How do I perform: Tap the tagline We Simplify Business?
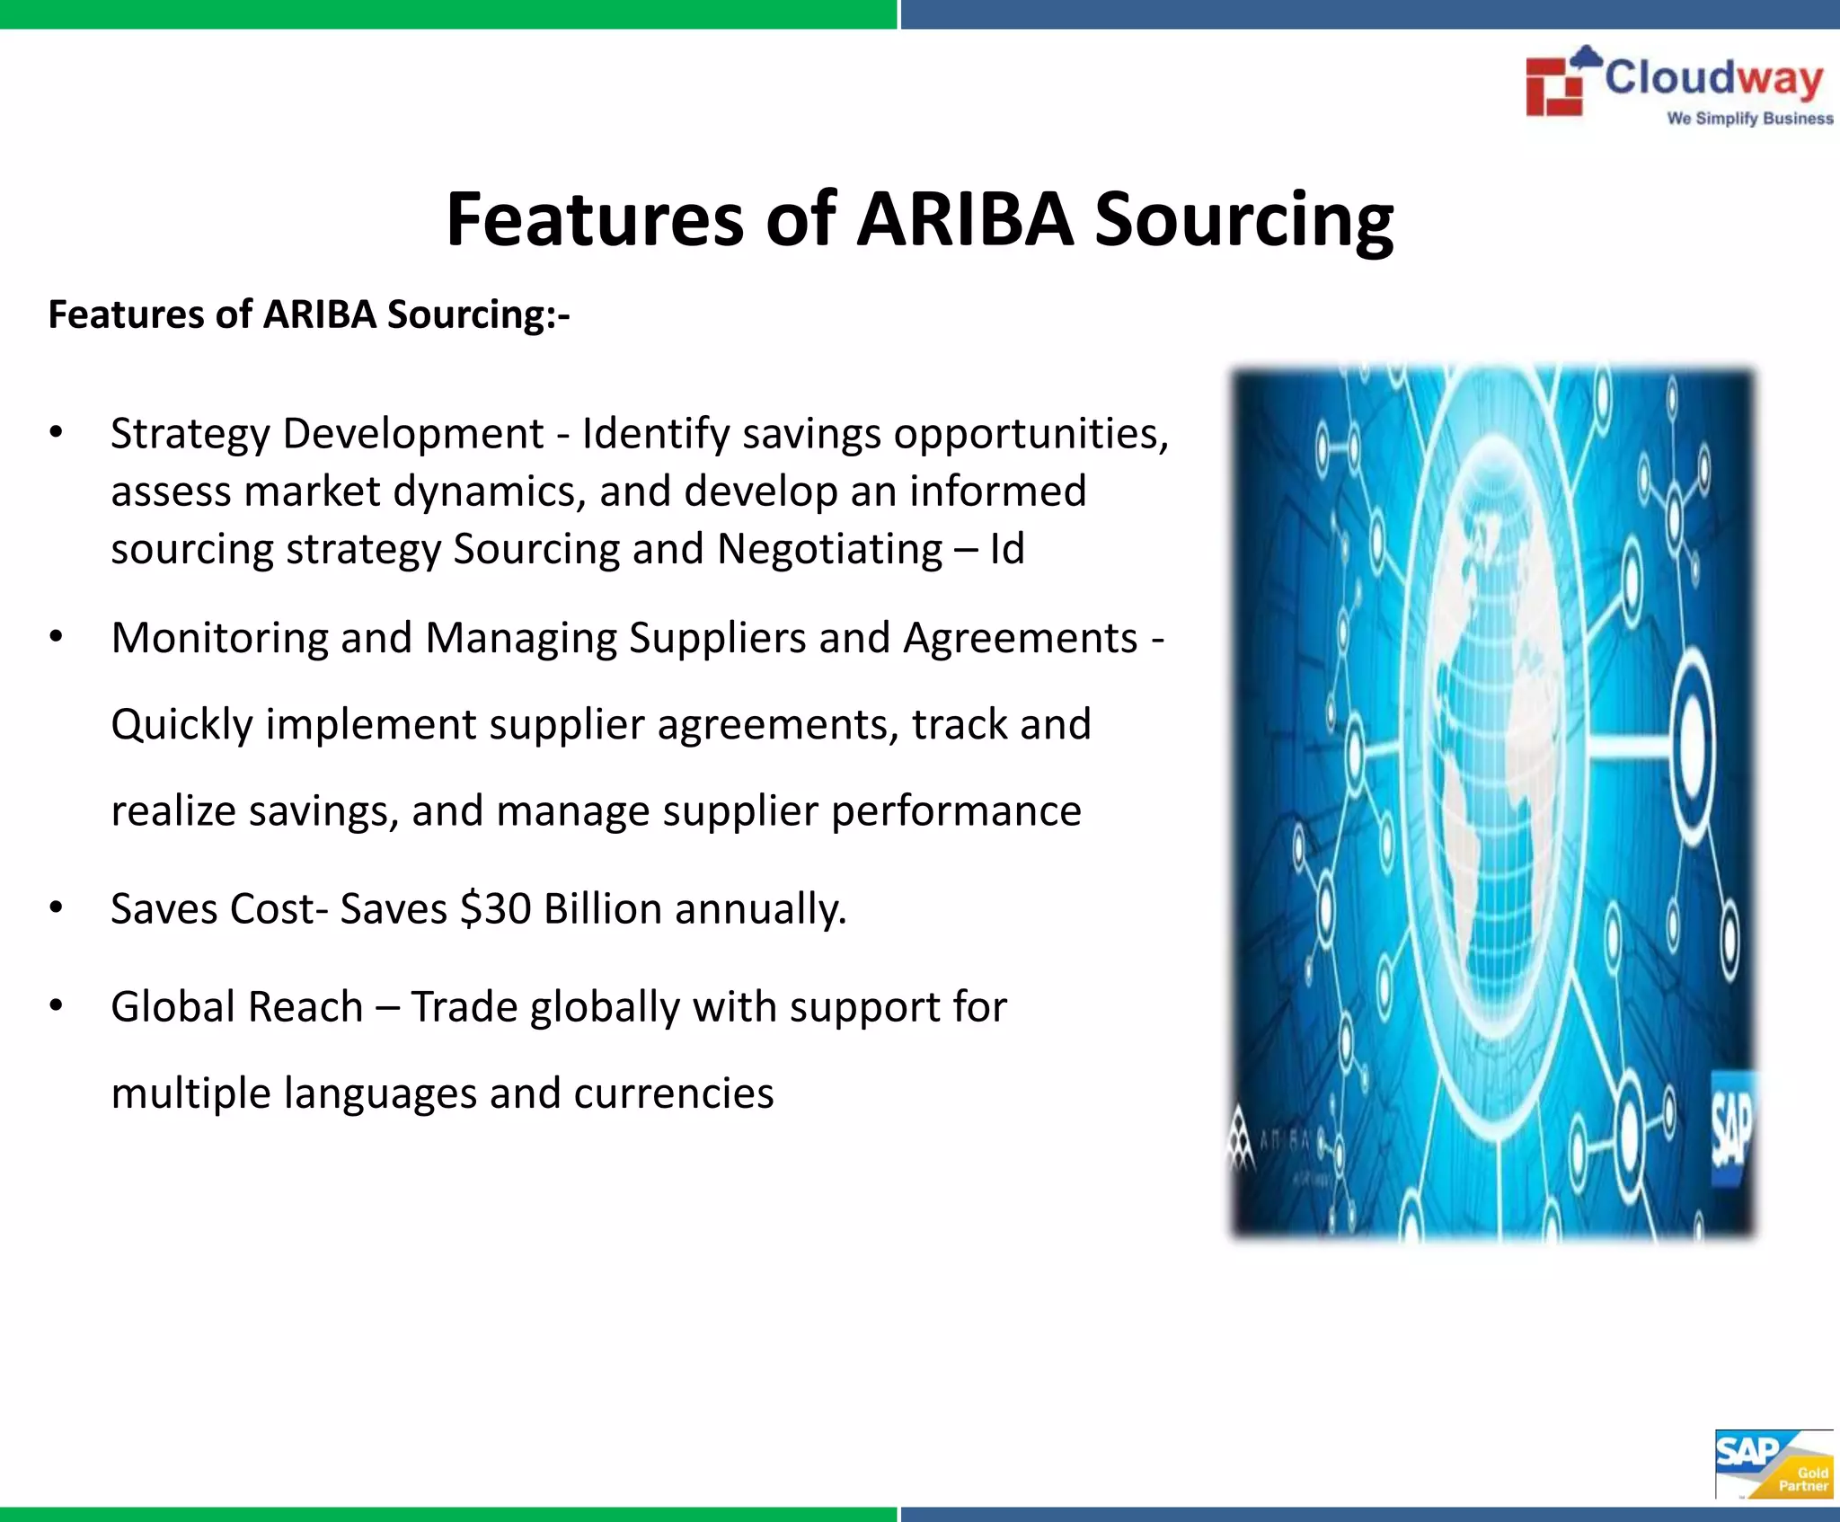pos(1749,119)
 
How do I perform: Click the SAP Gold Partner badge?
pos(1772,1464)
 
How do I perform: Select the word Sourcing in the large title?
pos(1243,220)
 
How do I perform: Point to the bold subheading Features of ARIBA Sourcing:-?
pos(309,315)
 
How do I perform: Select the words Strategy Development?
pos(327,434)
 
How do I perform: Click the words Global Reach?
pos(236,1006)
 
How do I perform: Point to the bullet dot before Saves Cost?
pos(56,908)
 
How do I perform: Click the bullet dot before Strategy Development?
pos(56,434)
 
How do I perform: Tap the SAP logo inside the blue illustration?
pos(1731,1128)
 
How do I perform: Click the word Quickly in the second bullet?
pos(182,725)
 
